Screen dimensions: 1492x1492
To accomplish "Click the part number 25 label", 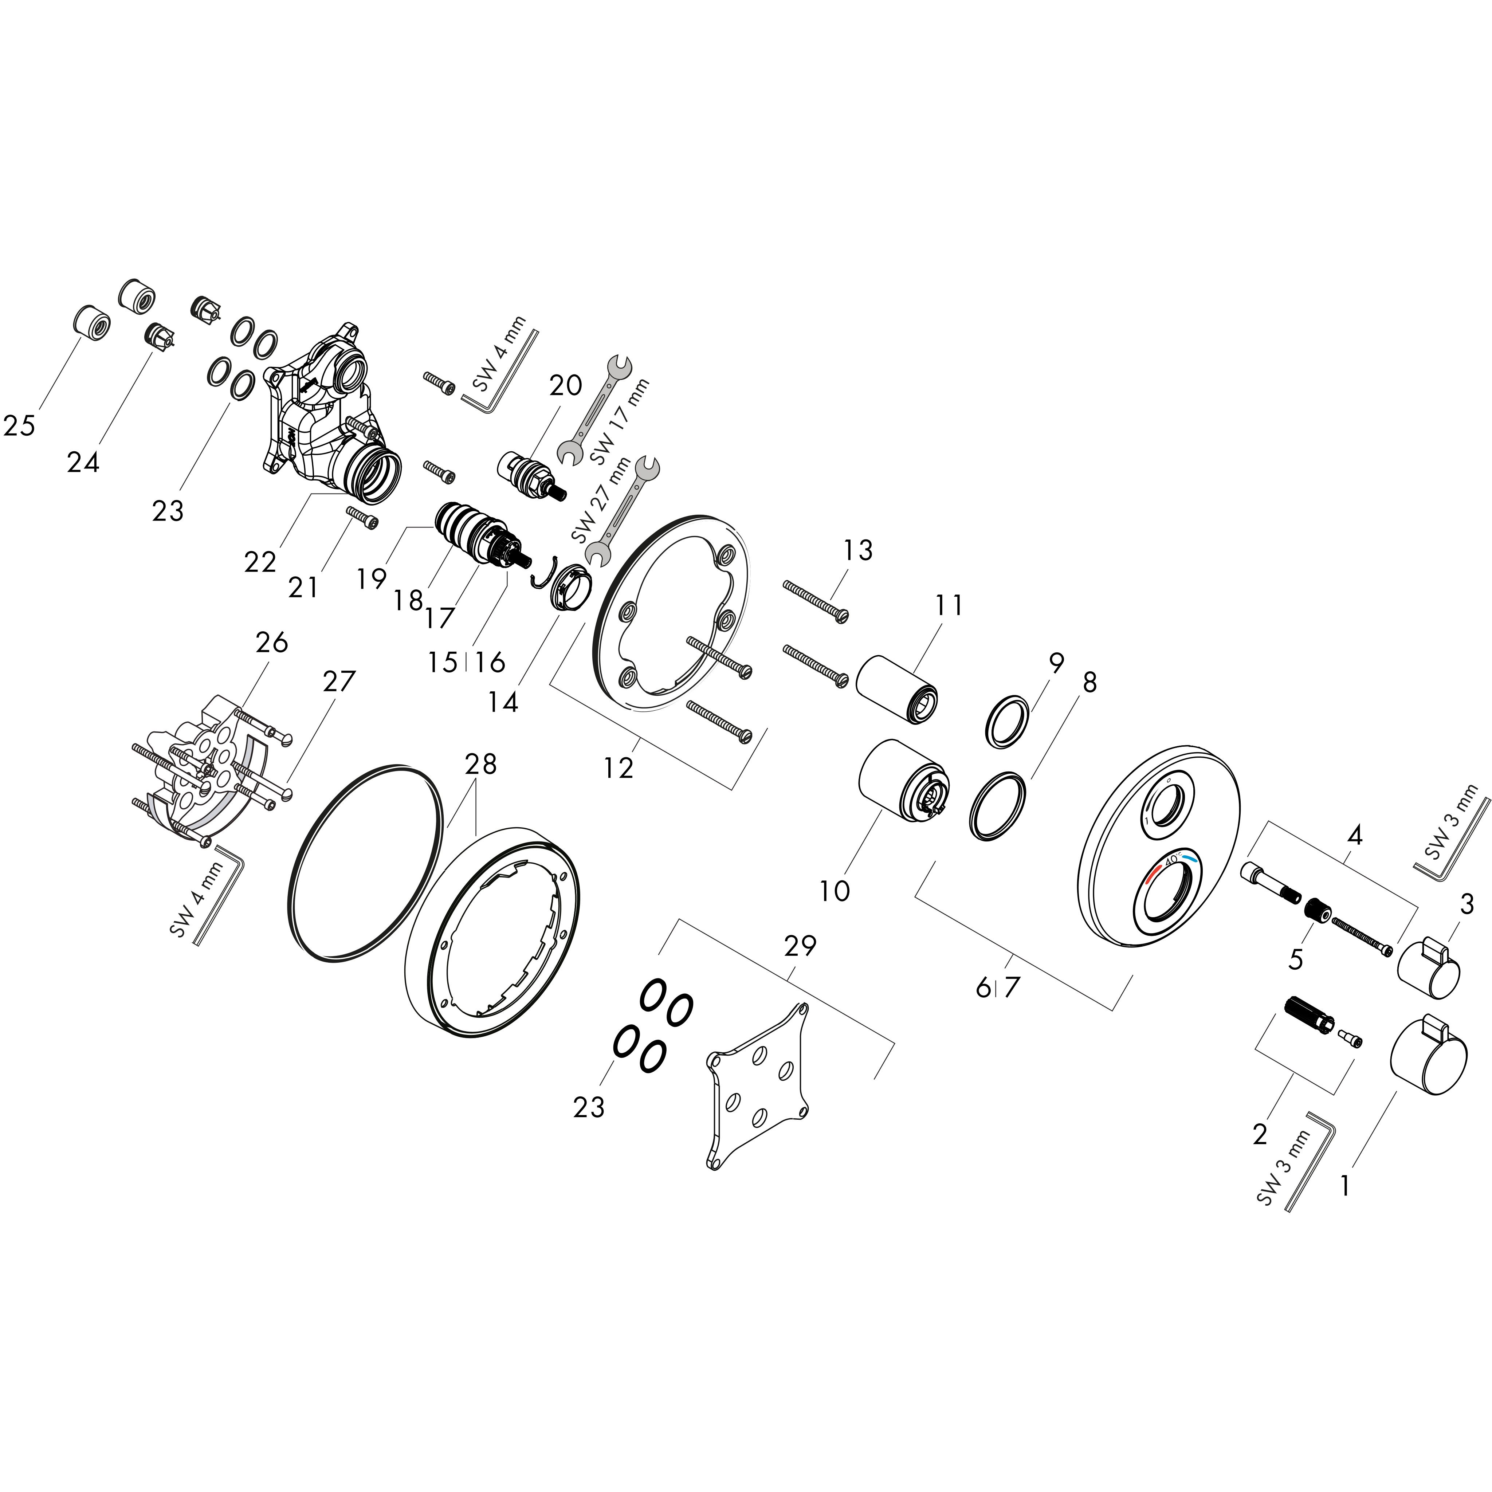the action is (19, 425).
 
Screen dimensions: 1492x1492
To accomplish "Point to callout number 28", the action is (480, 765).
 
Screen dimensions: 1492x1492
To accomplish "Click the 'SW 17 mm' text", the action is (620, 421).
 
